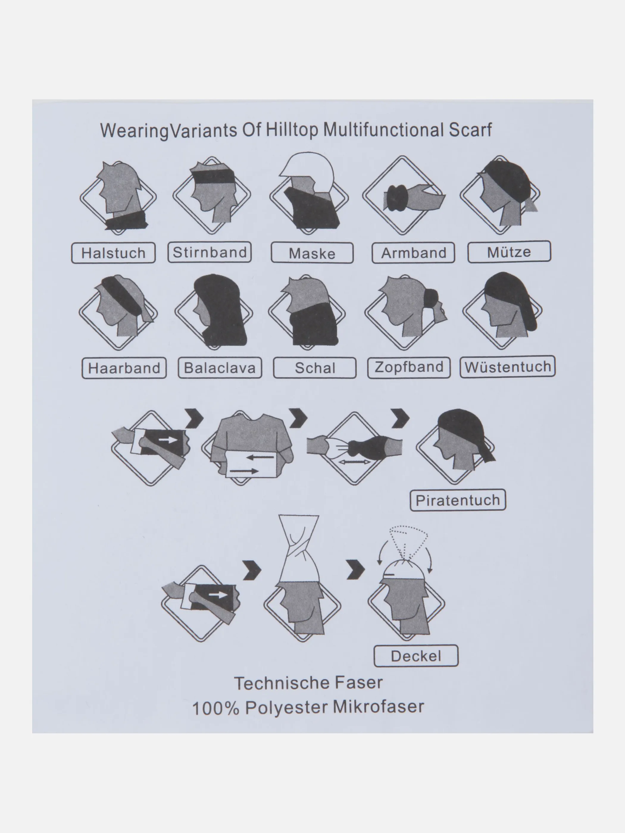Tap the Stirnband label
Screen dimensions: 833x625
click(210, 252)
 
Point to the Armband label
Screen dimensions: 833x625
click(413, 253)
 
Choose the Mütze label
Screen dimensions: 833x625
click(509, 252)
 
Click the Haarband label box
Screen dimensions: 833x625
click(124, 368)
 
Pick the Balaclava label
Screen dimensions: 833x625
click(220, 367)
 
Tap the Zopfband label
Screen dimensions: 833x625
click(409, 367)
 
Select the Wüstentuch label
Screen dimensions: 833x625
click(507, 367)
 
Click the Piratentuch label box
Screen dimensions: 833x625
click(457, 500)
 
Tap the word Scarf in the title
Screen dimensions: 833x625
click(470, 130)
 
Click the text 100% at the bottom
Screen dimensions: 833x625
click(215, 708)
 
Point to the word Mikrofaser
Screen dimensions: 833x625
click(378, 707)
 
